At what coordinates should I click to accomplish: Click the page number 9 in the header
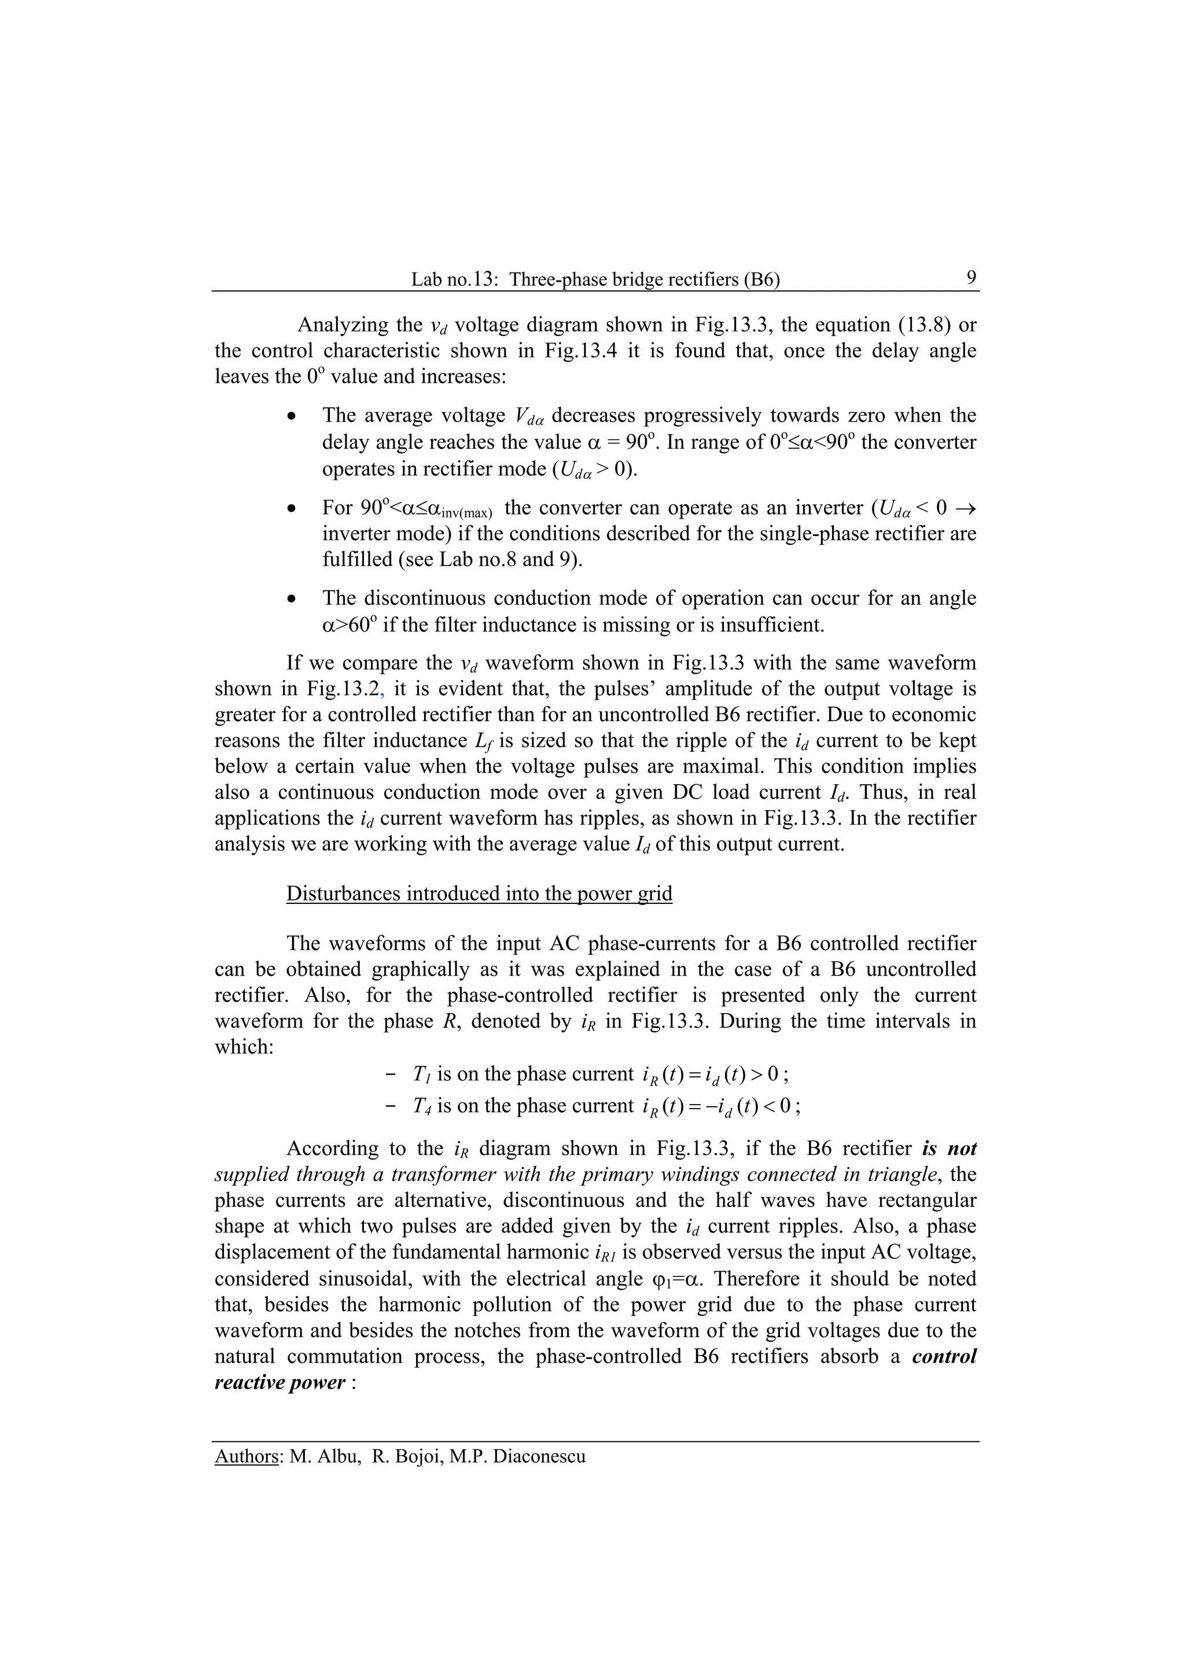click(971, 278)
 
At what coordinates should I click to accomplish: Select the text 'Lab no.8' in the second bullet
click(483, 559)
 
